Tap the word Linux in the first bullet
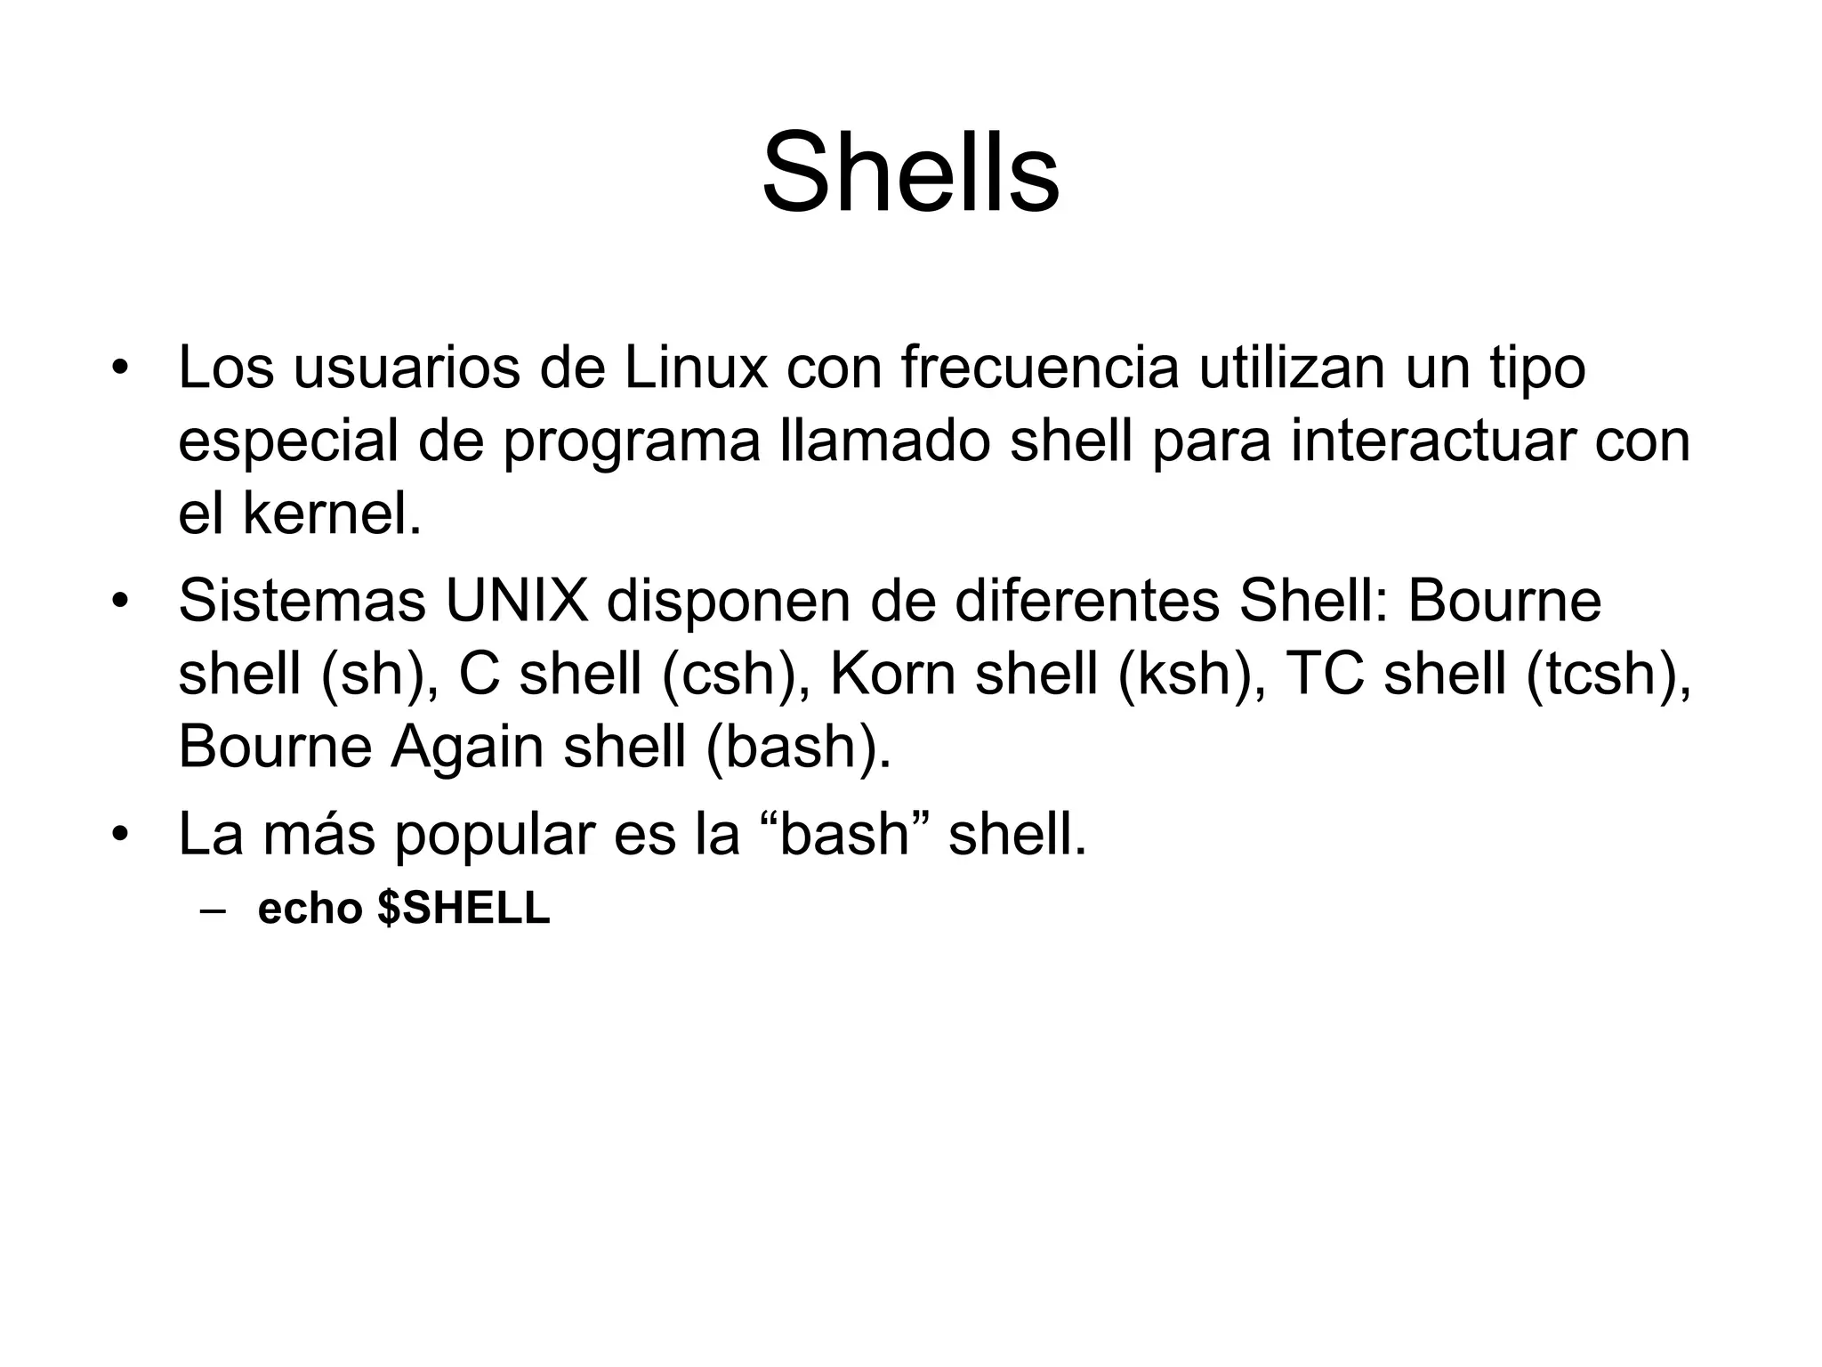coord(696,368)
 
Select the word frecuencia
coord(1040,368)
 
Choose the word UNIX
coord(517,601)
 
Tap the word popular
coord(495,835)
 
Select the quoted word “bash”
coord(846,835)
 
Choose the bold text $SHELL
coord(464,909)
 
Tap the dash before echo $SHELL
coord(214,910)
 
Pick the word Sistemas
coord(302,601)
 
